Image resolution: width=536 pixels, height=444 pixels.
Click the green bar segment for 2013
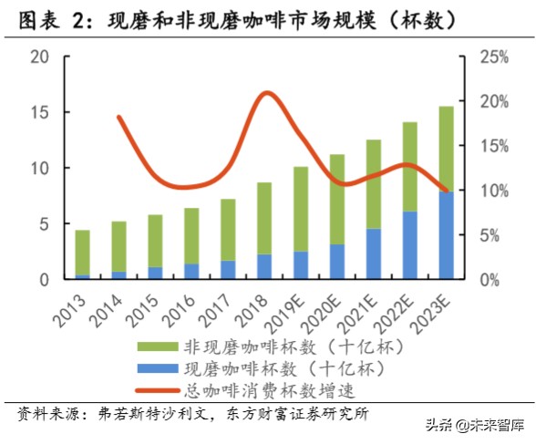click(82, 252)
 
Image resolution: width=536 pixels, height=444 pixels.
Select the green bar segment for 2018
click(263, 218)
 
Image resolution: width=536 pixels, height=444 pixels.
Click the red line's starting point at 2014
click(119, 117)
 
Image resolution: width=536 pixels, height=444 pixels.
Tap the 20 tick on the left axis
click(38, 57)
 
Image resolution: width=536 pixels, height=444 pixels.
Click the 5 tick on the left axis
click(43, 224)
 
